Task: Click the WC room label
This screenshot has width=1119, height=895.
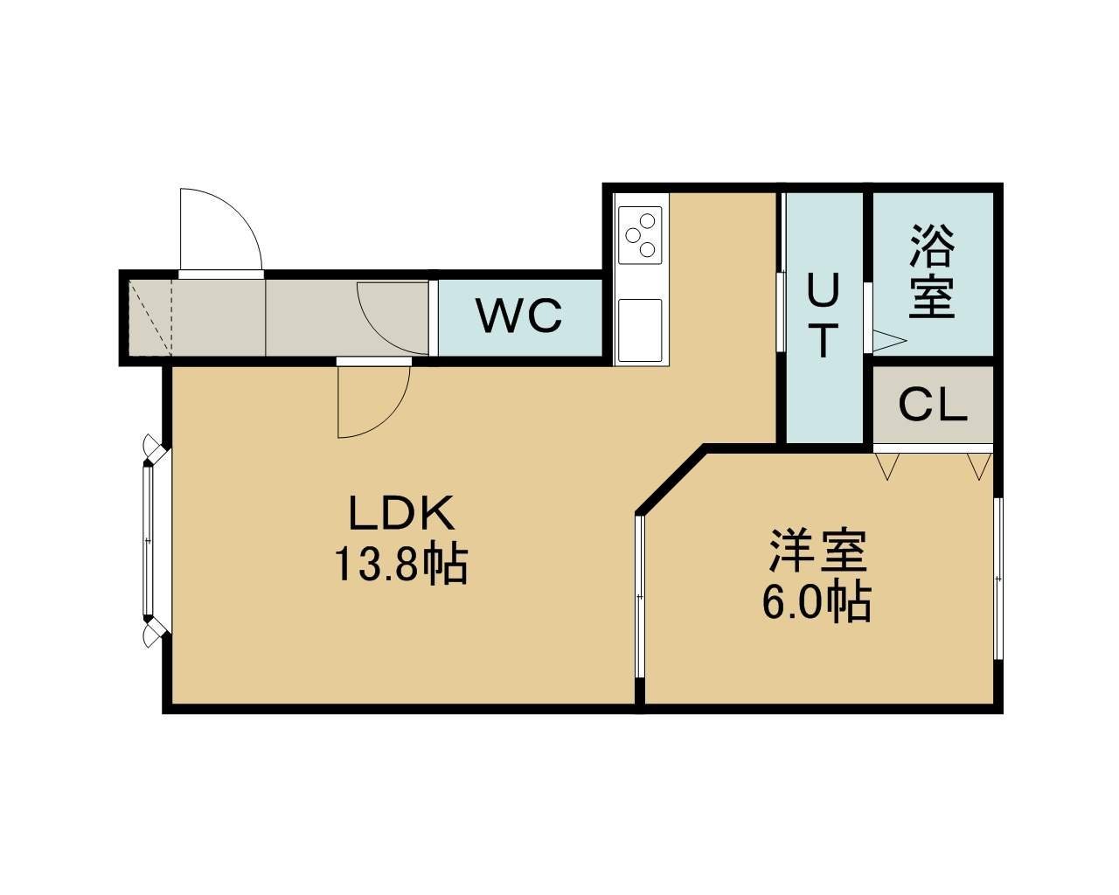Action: pyautogui.click(x=520, y=316)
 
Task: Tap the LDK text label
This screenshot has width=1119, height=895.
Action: pyautogui.click(x=401, y=513)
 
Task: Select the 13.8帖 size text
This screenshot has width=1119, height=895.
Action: pyautogui.click(x=400, y=565)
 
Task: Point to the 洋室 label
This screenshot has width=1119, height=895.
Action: pyautogui.click(x=818, y=551)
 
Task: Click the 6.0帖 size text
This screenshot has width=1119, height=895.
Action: pyautogui.click(x=817, y=603)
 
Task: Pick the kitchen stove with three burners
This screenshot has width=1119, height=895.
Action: pyautogui.click(x=640, y=235)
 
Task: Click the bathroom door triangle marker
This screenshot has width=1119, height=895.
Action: pyautogui.click(x=889, y=341)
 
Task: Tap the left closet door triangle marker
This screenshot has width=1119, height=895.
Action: pyautogui.click(x=887, y=467)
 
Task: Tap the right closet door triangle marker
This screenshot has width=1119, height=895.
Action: pyautogui.click(x=979, y=467)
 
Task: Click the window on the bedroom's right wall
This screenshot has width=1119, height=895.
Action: pyautogui.click(x=997, y=579)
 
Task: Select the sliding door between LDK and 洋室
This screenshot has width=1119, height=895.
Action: pyautogui.click(x=640, y=596)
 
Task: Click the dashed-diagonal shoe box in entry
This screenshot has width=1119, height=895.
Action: pyautogui.click(x=150, y=318)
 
